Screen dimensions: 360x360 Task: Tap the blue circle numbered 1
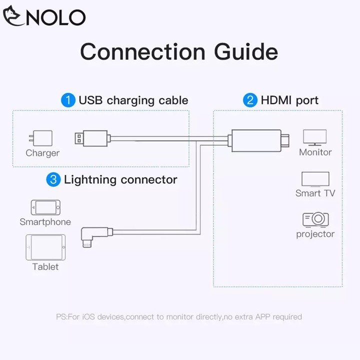click(68, 100)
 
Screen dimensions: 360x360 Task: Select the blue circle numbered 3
click(53, 179)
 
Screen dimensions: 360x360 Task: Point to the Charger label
click(42, 153)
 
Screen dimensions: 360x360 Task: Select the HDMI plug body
click(255, 138)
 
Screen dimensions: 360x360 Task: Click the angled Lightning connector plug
click(91, 234)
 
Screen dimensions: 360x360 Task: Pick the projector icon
click(315, 219)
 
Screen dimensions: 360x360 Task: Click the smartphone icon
click(45, 207)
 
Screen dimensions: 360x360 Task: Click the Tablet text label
click(45, 266)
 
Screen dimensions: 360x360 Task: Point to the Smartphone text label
click(45, 221)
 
